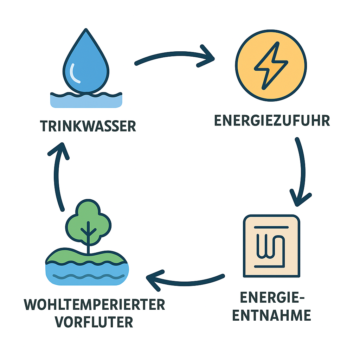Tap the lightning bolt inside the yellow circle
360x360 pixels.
tap(271, 66)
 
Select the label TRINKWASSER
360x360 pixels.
tap(88, 126)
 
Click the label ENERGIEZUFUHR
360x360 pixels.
tap(272, 121)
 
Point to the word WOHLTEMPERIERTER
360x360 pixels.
tap(95, 305)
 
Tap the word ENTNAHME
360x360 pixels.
tap(272, 315)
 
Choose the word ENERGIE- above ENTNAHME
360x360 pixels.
tap(272, 298)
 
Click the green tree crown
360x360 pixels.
tap(88, 220)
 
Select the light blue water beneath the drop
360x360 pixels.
tap(86, 102)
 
